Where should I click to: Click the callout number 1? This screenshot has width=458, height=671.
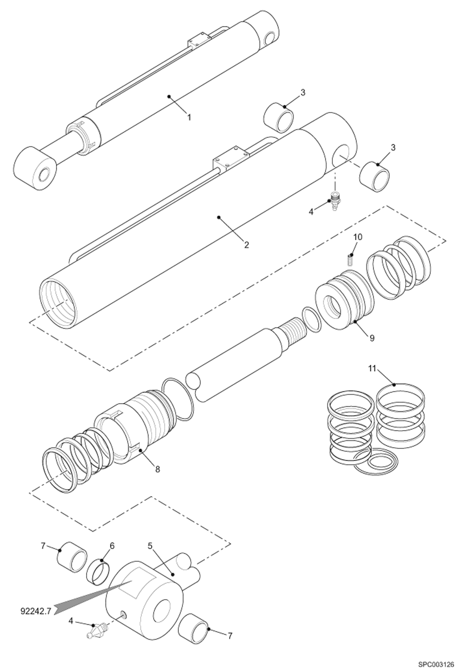(189, 117)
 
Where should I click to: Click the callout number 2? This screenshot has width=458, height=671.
(246, 245)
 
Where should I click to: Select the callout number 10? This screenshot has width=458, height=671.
(358, 237)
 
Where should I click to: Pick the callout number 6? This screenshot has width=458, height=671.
(112, 546)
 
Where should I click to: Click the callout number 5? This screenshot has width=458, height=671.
(150, 546)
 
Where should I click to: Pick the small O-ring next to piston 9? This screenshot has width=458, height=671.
(311, 320)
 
